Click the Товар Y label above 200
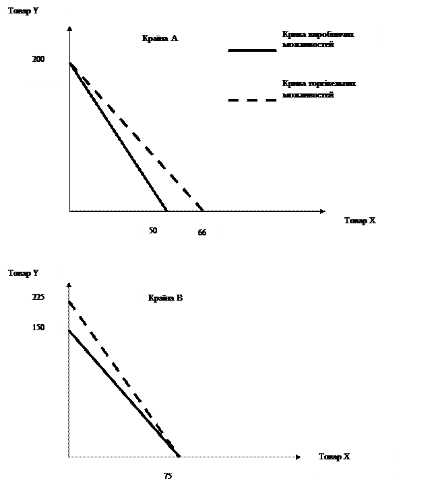(22, 11)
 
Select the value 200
(38, 60)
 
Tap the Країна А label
(160, 39)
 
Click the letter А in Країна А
(174, 39)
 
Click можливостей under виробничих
(309, 44)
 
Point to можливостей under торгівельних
(309, 94)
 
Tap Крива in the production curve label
(292, 35)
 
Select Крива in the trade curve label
(292, 84)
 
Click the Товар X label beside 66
(359, 221)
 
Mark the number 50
(153, 231)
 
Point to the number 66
(202, 233)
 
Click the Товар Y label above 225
(24, 273)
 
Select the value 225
(38, 296)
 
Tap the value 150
(38, 328)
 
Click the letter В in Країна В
(179, 298)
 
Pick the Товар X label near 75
(334, 457)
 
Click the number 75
(168, 476)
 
